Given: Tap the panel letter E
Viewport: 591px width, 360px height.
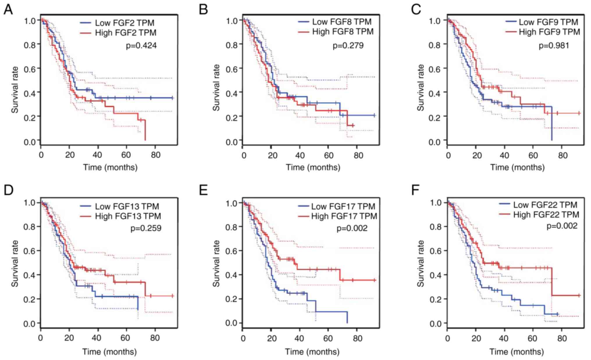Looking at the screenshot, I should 203,190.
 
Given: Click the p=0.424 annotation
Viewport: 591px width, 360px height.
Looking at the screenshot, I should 141,45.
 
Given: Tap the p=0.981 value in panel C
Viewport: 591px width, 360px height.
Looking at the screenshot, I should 554,45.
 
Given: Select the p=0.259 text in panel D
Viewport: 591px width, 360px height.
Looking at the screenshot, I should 146,228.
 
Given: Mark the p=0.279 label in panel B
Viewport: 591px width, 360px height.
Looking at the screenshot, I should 348,45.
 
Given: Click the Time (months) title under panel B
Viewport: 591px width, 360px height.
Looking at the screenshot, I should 313,167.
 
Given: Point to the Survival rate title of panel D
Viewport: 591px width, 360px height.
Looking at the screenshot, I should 15,263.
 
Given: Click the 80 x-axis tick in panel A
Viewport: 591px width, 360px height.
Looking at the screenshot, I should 156,155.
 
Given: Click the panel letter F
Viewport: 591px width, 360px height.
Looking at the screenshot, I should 415,190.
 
